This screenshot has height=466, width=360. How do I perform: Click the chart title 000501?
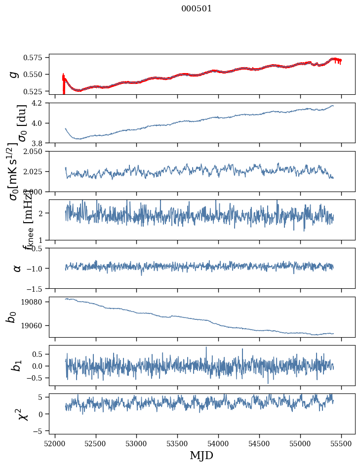(x=197, y=8)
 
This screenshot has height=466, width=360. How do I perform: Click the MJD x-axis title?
(x=201, y=455)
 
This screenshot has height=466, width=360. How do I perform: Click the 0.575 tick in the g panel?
(x=37, y=58)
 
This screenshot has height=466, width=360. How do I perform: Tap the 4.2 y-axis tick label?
(x=40, y=103)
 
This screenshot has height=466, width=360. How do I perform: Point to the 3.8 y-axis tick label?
(x=40, y=143)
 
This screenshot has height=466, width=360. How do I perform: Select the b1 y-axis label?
(x=16, y=365)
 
